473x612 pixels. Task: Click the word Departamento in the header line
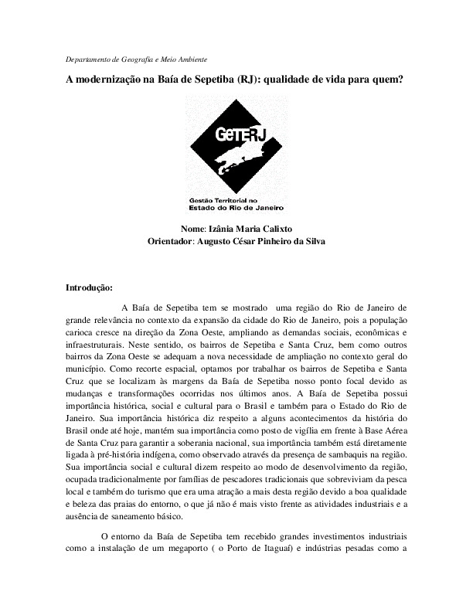(x=83, y=59)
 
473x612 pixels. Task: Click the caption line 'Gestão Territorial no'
(x=229, y=200)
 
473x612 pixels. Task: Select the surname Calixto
(x=274, y=229)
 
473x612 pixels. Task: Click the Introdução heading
(x=90, y=288)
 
